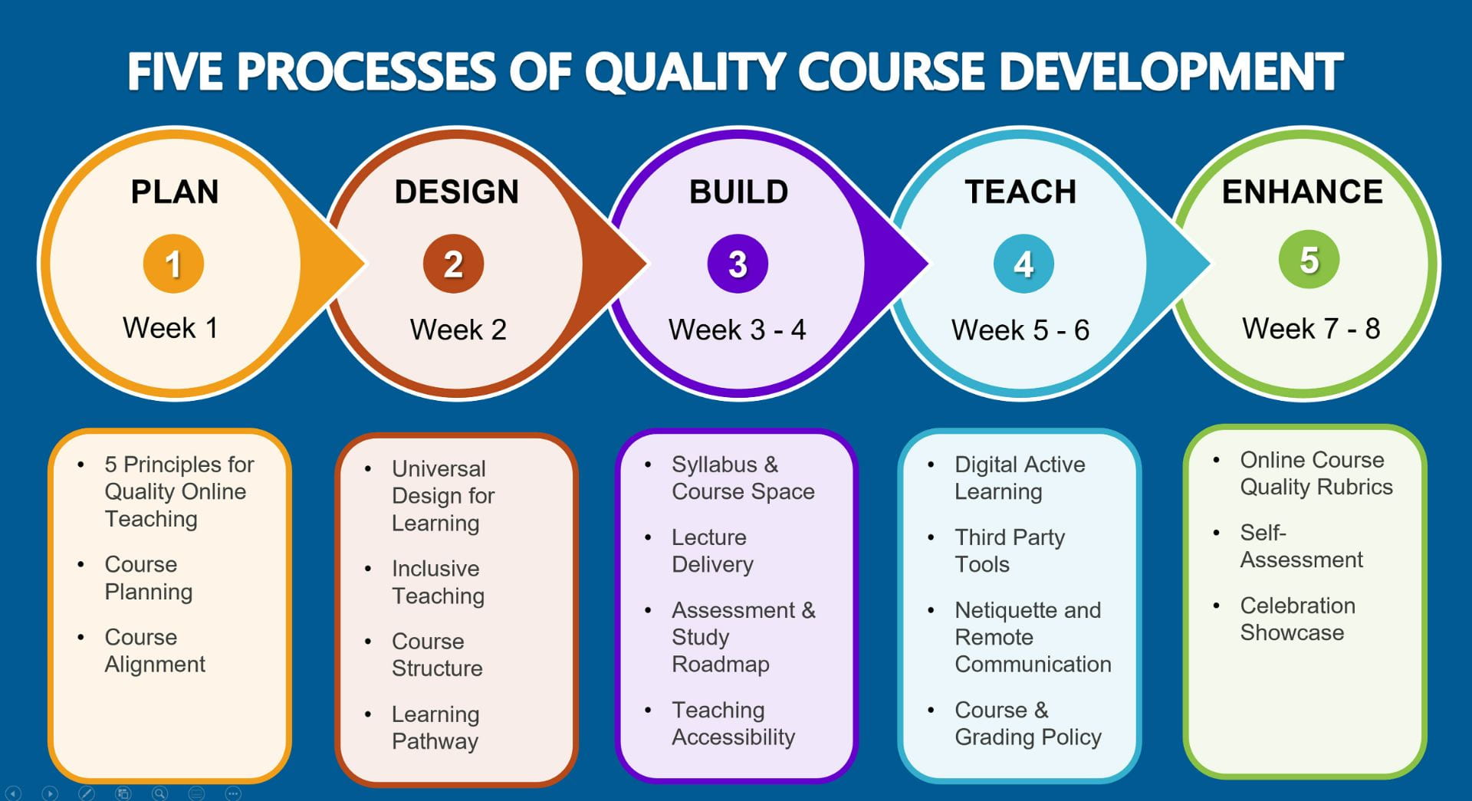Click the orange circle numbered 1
pos(173,264)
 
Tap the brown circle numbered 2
pos(453,264)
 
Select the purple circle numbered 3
pos(738,264)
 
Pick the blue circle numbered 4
pos(1024,264)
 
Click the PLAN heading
pos(175,192)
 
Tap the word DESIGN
pos(457,192)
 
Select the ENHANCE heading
pos(1303,192)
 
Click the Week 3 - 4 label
pos(738,330)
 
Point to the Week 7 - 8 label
pos(1311,329)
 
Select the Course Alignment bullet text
pos(155,651)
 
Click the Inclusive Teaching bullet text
pos(438,582)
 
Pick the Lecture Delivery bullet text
pos(712,551)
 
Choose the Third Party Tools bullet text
pos(1010,551)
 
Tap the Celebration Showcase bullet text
pos(1298,619)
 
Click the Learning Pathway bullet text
pos(435,728)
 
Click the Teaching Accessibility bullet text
pos(734,724)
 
